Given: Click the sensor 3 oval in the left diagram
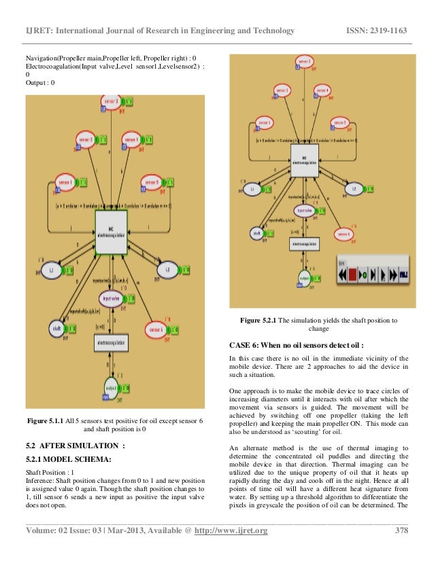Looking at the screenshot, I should pos(111,102).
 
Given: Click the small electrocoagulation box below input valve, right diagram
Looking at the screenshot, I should pos(305,243).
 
